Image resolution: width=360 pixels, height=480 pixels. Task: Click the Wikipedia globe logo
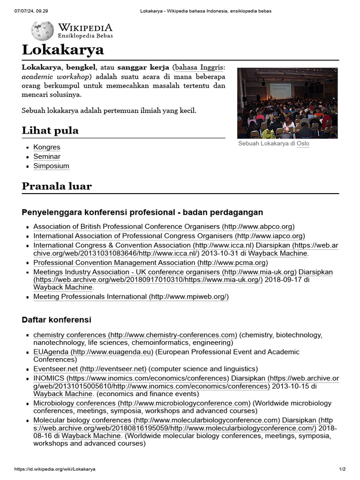(42, 30)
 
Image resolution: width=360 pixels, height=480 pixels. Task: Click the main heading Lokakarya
(63, 50)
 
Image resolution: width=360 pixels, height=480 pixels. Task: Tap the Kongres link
(47, 147)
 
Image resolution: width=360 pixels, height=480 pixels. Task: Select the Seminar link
(47, 157)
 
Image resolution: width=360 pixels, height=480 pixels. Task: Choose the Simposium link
(51, 166)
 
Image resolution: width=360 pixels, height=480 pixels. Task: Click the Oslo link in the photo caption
(303, 143)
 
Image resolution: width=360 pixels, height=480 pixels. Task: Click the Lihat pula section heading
(50, 130)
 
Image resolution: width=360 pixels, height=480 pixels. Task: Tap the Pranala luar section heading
(57, 186)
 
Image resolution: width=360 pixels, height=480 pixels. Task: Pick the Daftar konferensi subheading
(56, 320)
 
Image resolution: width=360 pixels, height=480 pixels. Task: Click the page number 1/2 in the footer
(342, 469)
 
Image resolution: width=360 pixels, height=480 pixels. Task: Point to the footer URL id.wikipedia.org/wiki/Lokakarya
(55, 469)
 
